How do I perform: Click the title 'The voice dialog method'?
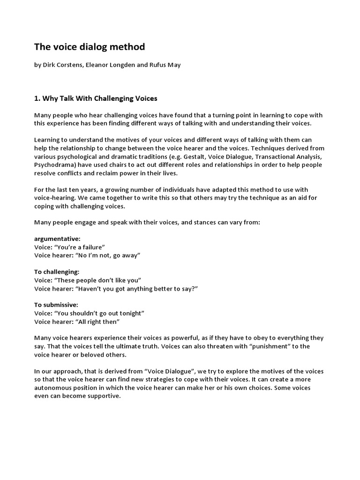90,47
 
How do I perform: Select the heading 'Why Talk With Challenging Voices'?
99,98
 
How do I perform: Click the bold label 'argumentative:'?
58,239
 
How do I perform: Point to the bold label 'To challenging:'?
57,272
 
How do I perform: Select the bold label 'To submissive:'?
56,305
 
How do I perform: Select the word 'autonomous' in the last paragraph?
54,388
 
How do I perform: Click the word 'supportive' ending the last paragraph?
104,396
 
